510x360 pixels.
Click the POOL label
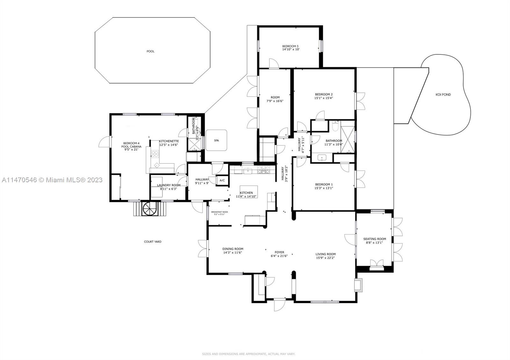tap(150, 51)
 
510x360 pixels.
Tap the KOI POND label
tap(443, 95)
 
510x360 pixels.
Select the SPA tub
tap(216, 140)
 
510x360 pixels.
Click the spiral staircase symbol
tap(150, 209)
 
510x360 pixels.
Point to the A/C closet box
tap(222, 180)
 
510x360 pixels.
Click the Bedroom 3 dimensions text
tap(290, 50)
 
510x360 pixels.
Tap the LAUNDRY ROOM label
tap(169, 185)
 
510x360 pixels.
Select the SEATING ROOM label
tap(375, 239)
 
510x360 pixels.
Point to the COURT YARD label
tap(153, 242)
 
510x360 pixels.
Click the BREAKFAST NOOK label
tap(219, 212)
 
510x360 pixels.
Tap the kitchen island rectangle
tap(248, 191)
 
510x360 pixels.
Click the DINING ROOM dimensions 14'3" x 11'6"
tap(233, 253)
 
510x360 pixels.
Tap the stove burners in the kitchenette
tap(155, 154)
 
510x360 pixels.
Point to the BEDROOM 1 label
tap(324, 184)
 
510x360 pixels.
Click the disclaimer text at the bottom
tap(248, 354)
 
